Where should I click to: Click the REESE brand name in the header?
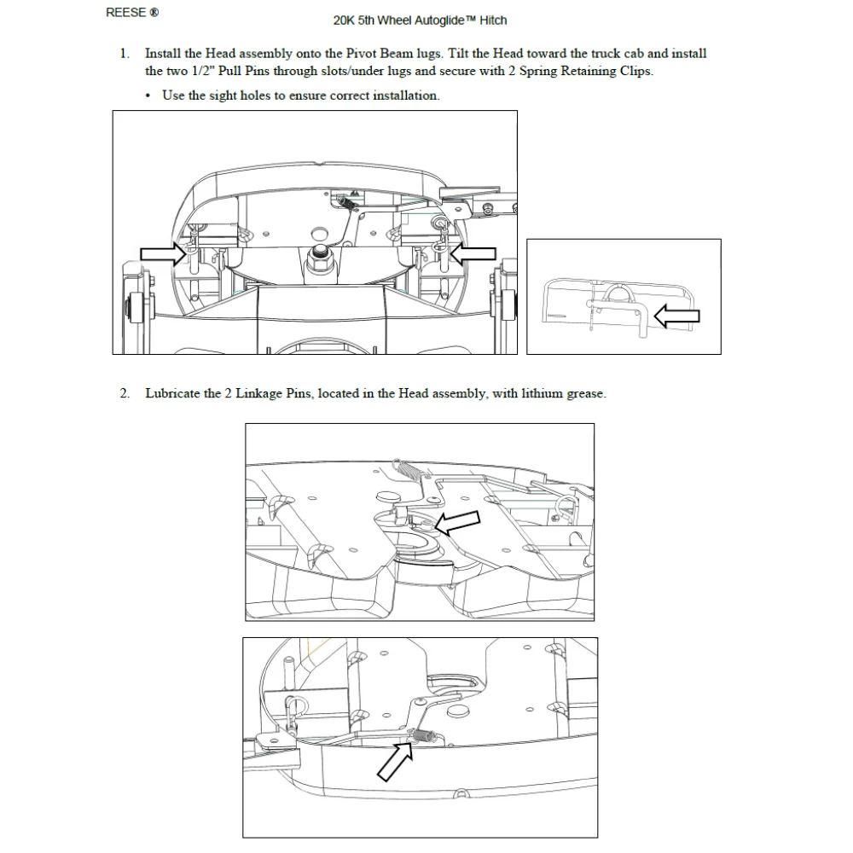tap(125, 13)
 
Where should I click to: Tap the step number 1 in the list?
tap(125, 54)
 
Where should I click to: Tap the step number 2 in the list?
tap(125, 394)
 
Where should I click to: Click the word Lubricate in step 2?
tap(173, 394)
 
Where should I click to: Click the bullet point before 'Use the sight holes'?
tap(150, 96)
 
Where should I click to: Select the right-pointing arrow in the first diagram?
tap(162, 252)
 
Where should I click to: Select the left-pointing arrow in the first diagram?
tap(473, 252)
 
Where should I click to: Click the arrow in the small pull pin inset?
tap(676, 316)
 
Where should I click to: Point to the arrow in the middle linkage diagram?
tap(456, 520)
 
